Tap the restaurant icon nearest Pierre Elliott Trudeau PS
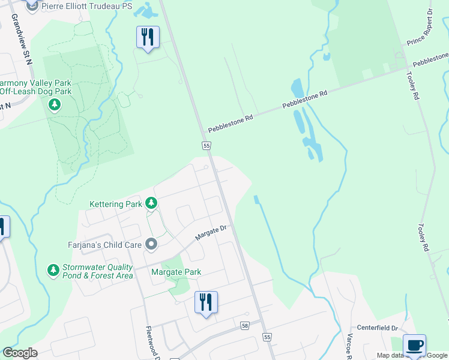tap(147, 37)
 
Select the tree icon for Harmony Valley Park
tap(55, 106)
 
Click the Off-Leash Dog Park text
tap(36, 92)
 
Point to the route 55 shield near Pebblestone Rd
tap(206, 146)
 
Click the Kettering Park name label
tap(116, 205)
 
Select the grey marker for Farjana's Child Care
tap(151, 244)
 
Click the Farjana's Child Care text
tap(104, 245)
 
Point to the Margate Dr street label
tap(209, 233)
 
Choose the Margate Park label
tap(175, 272)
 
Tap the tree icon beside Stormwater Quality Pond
tap(54, 271)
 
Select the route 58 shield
tap(244, 325)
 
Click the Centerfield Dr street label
tap(378, 328)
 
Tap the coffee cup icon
tap(414, 346)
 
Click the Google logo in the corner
tap(20, 353)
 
